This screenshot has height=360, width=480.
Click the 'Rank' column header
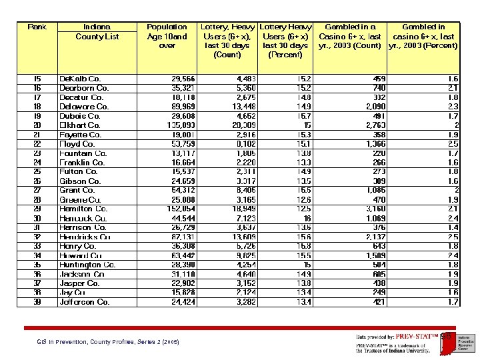coord(37,27)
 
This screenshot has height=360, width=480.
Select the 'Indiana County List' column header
coord(97,32)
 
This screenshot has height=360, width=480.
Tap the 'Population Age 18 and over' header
coord(167,37)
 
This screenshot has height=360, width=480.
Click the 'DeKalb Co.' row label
coord(80,79)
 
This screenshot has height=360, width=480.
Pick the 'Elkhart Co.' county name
coord(80,125)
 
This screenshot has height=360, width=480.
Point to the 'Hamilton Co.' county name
coord(83,209)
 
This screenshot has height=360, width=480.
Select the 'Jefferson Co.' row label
coord(85,302)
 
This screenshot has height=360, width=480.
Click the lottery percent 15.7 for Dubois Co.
coord(303,116)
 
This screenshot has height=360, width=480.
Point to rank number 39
coord(37,302)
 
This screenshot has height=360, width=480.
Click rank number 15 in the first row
coord(37,79)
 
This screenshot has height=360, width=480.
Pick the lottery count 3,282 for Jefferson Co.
coord(245,302)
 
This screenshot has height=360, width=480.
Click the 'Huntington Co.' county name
coord(87,265)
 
